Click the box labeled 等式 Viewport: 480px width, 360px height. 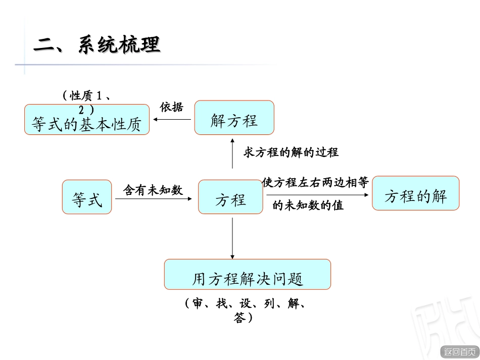click(87, 197)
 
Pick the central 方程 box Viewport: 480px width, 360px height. click(230, 197)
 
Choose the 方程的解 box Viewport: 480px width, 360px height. click(415, 193)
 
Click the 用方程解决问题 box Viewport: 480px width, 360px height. click(247, 275)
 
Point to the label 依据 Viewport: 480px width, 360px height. click(171, 107)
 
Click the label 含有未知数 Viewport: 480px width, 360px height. click(153, 190)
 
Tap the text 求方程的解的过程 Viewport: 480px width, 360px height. click(291, 152)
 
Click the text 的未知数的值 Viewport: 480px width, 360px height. click(308, 205)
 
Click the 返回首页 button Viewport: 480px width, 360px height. click(459, 351)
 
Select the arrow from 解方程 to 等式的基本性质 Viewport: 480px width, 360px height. click(172, 120)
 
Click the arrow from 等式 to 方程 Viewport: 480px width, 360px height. click(154, 199)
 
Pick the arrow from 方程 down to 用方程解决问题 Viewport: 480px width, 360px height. click(232, 237)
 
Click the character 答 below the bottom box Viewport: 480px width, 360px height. click(239, 319)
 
